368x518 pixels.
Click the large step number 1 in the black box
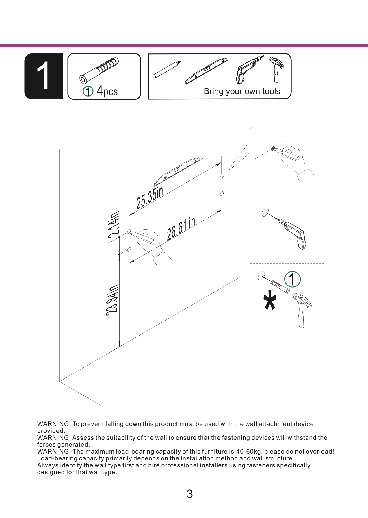pos(44,76)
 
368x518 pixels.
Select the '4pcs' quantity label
pos(107,91)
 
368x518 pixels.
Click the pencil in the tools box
pos(167,70)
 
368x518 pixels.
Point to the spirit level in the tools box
pos(206,71)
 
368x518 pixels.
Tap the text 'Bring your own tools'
pos(242,91)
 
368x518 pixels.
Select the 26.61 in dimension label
pos(181,229)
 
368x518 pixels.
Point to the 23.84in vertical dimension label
pos(112,300)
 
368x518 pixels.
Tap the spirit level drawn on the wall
pos(177,171)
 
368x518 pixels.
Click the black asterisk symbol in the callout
pos(270,300)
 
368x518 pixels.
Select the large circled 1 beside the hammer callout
pos(292,280)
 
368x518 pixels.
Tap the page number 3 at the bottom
pos(189,494)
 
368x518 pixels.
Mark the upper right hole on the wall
pos(222,176)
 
